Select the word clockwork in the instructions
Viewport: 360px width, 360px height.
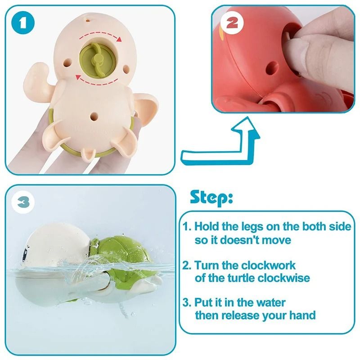[266, 265]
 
